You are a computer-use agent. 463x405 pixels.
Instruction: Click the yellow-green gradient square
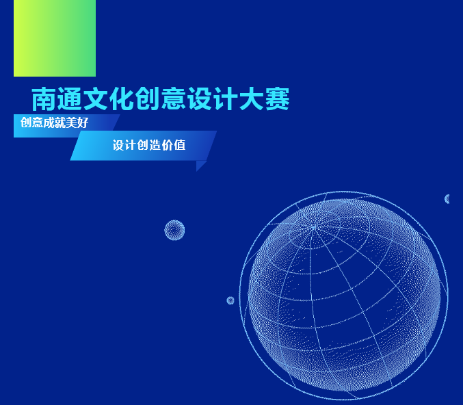coord(55,38)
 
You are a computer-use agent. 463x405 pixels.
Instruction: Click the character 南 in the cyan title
coord(44,99)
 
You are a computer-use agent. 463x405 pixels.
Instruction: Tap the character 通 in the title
coord(70,99)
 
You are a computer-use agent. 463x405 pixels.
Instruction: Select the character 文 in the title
coord(96,99)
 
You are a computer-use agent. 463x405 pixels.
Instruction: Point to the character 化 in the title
coord(121,99)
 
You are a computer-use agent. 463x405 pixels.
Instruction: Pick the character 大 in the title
coord(251,99)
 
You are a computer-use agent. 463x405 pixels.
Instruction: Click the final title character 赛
coord(277,99)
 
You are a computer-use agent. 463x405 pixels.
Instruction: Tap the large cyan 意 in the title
coord(174,99)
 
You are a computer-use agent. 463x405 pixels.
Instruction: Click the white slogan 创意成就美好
coord(54,122)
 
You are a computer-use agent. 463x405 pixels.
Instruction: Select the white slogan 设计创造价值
coord(149,145)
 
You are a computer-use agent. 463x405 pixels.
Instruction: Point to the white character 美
coord(71,122)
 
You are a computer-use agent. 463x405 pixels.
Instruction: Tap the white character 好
coord(83,122)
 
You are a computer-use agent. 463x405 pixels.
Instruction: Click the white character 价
coord(167,145)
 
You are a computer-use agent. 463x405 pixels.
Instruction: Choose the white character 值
coord(180,145)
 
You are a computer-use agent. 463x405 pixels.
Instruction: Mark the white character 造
coord(155,145)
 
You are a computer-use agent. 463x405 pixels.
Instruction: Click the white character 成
coord(49,122)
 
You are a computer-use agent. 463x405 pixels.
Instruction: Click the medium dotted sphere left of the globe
coord(174,230)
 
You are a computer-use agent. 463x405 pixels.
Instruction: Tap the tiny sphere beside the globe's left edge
coord(230,300)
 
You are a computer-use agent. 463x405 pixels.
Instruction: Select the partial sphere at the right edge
coord(447,199)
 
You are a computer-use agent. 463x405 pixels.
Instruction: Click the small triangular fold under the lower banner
coord(200,165)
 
